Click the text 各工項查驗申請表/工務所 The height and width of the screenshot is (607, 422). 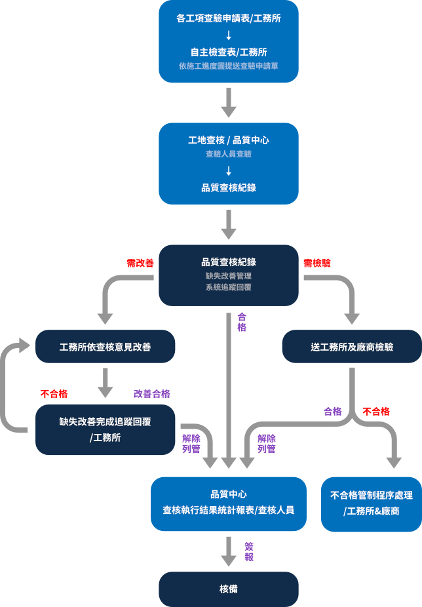[x=228, y=19]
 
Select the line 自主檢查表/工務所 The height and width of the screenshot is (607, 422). [x=228, y=52]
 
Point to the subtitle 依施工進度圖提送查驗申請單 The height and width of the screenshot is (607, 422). [x=228, y=66]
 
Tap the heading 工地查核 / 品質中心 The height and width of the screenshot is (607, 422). [x=228, y=140]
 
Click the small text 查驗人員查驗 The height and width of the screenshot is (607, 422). [x=228, y=154]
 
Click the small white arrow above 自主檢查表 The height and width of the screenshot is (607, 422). [x=228, y=35]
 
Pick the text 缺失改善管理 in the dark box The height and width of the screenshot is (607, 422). [x=228, y=276]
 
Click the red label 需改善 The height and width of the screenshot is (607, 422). [x=140, y=263]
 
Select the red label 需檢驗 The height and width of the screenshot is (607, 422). [x=317, y=263]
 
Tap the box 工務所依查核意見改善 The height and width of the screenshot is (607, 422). [x=105, y=347]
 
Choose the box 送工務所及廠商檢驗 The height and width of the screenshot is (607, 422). [x=352, y=347]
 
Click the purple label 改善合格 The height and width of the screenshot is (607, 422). [x=152, y=394]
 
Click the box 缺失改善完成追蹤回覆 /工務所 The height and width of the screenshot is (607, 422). [x=105, y=429]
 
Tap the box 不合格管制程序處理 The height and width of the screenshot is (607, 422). [x=371, y=503]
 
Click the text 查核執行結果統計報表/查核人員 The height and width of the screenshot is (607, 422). [x=228, y=510]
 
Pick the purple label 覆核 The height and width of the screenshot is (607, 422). [x=249, y=552]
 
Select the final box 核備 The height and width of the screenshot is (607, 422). [x=228, y=589]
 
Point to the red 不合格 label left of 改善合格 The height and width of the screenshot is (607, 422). [x=54, y=394]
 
